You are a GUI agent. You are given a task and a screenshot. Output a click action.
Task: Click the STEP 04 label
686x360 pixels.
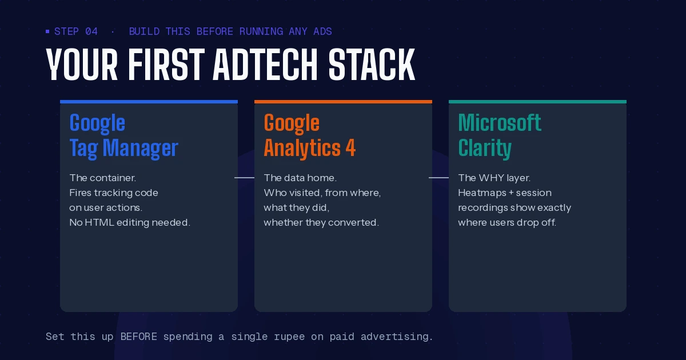point(76,31)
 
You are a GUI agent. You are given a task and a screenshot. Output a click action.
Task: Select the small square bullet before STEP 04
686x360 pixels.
point(47,31)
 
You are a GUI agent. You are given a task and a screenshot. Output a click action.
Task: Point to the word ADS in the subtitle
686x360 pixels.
point(322,31)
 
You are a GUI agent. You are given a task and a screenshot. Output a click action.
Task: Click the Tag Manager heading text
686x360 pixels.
point(123,148)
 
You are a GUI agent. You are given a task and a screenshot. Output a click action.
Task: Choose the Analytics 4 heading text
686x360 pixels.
point(309,148)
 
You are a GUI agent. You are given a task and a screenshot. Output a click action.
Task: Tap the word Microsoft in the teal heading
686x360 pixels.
point(500,122)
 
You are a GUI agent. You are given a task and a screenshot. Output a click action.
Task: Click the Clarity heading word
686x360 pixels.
point(485,148)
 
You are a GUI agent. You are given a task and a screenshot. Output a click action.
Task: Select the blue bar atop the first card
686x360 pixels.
point(149,102)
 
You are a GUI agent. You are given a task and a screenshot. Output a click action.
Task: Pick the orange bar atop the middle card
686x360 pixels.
point(343,102)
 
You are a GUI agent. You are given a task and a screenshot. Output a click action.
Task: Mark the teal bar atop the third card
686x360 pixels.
point(537,102)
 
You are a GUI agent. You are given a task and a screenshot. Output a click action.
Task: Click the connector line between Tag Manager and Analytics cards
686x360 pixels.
point(245,178)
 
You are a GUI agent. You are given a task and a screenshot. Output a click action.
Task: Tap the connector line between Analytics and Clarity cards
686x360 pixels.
point(439,178)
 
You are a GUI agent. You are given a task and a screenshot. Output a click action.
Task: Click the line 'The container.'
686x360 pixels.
point(102,178)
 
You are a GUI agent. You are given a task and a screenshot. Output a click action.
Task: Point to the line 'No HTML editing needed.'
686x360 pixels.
point(129,222)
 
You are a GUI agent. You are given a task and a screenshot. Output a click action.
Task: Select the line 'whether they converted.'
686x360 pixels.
point(321,222)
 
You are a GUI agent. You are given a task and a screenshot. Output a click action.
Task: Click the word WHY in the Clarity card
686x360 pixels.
point(492,178)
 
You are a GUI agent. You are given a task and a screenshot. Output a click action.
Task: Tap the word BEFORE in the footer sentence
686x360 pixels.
point(138,337)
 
